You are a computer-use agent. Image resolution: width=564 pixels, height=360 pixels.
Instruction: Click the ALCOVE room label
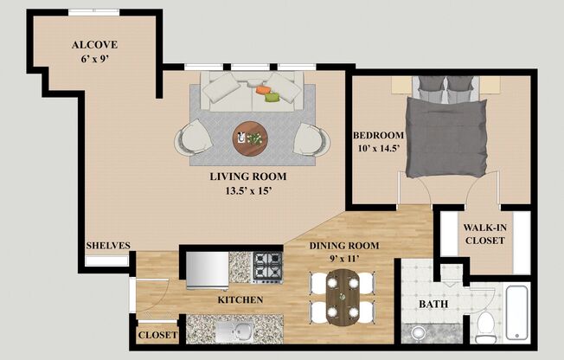[x=95, y=45]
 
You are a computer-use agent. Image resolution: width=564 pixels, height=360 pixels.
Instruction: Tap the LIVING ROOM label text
[x=247, y=177]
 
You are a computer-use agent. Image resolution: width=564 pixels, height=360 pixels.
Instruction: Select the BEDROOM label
[x=378, y=136]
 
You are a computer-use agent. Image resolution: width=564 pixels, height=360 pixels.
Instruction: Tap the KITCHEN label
[x=240, y=300]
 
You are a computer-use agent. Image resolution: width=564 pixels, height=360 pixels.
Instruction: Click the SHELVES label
[x=107, y=246]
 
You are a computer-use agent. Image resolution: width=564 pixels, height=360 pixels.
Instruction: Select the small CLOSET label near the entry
[x=157, y=334]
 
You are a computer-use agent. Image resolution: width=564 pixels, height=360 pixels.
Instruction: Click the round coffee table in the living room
[x=250, y=137]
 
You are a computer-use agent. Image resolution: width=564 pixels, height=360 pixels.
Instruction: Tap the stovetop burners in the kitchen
[x=267, y=267]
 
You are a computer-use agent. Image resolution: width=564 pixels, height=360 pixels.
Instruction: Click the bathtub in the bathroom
[x=516, y=312]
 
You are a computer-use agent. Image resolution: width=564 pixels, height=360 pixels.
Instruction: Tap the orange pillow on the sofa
[x=263, y=88]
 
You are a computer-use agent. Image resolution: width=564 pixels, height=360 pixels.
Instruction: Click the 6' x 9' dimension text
[x=95, y=60]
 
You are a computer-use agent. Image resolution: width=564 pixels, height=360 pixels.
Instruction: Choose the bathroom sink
[x=418, y=333]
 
